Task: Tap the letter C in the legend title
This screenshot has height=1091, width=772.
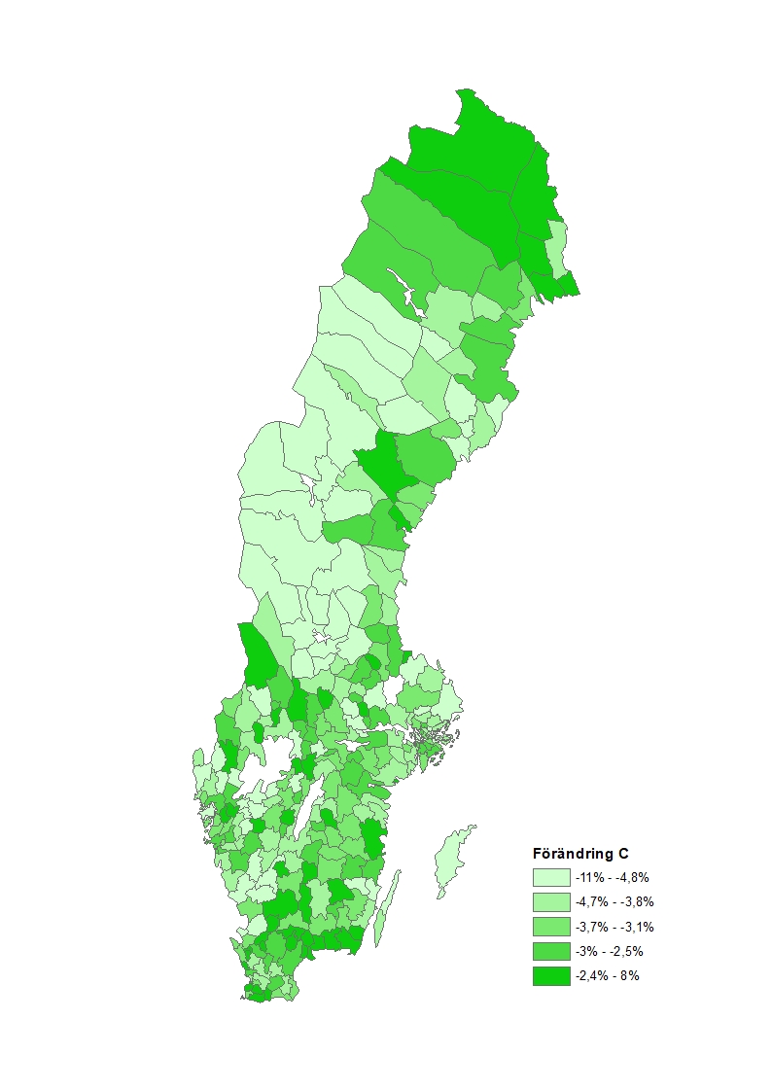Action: coord(621,855)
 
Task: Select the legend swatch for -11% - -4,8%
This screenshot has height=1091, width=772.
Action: coord(550,877)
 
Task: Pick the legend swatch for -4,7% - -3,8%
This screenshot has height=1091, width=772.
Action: coord(550,902)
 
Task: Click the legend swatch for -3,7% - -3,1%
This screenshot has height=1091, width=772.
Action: coord(550,927)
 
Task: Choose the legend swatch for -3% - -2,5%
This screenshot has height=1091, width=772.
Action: coord(550,951)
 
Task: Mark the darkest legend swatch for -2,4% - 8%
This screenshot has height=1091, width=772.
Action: coord(550,975)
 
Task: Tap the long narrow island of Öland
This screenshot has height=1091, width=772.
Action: coord(387,909)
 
